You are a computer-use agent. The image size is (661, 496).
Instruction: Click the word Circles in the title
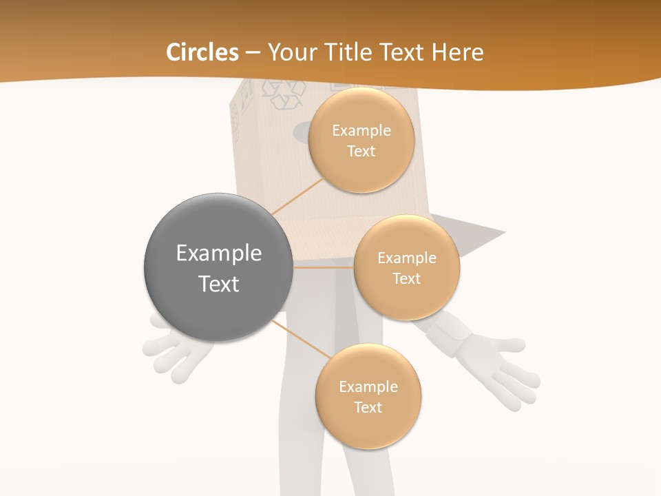(x=202, y=52)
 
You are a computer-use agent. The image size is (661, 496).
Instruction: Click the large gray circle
(x=218, y=268)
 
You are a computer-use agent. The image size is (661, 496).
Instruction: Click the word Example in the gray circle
(x=219, y=254)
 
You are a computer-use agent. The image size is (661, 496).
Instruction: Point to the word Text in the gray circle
(x=219, y=284)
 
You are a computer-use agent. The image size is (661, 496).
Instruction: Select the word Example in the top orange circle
(x=361, y=131)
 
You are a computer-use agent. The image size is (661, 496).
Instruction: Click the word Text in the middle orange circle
(x=406, y=279)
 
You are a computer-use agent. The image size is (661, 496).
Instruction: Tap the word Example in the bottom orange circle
(x=368, y=387)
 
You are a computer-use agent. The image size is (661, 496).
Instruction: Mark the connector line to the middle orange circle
(x=323, y=267)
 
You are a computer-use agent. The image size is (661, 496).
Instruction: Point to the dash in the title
(x=253, y=53)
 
